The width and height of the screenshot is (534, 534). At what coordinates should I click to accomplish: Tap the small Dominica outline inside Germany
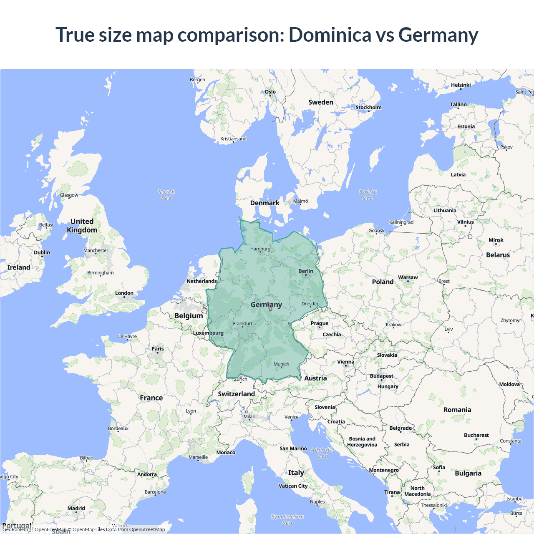[x=270, y=307]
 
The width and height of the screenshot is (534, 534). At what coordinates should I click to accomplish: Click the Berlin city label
[x=306, y=271]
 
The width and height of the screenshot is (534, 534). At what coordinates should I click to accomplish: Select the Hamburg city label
[x=260, y=249]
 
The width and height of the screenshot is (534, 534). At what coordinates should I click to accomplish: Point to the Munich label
[x=281, y=364]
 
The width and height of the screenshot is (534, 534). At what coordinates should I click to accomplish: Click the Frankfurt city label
[x=242, y=324]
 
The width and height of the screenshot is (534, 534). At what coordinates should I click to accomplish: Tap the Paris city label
[x=158, y=349]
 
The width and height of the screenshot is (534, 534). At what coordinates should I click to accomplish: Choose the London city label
[x=124, y=293]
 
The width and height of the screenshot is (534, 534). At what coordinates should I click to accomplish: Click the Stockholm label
[x=368, y=108]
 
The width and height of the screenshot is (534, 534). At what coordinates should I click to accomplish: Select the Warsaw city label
[x=408, y=277]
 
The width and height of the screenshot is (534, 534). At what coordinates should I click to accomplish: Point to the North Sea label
[x=166, y=195]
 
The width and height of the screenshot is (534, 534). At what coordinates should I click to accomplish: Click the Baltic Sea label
[x=368, y=195]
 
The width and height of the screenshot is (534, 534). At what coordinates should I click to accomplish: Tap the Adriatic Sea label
[x=323, y=453]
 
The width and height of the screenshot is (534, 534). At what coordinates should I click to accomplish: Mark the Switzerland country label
[x=236, y=394]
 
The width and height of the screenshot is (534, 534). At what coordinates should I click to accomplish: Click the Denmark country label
[x=264, y=203]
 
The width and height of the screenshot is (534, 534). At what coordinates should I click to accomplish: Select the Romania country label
[x=457, y=410]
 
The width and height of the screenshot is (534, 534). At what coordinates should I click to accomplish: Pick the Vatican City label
[x=293, y=486]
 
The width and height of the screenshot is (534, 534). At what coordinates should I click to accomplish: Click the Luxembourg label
[x=208, y=333]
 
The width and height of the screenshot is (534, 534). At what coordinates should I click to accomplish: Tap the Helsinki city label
[x=461, y=85]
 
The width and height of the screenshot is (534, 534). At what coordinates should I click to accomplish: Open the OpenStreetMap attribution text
[x=147, y=529]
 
